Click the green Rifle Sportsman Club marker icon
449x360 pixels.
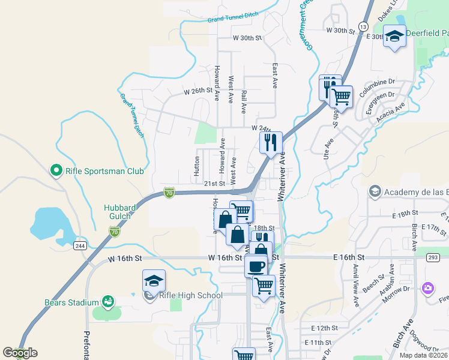pos(56,171)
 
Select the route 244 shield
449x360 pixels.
pos(79,245)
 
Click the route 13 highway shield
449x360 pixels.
pos(363,26)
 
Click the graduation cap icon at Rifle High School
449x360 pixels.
pos(154,281)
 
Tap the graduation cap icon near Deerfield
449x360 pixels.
pos(394,37)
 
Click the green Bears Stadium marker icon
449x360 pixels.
pos(108,301)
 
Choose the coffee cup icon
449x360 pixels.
pos(256,266)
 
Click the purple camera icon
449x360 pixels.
pos(427,289)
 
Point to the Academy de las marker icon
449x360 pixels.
pos(375,191)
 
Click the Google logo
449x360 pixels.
pos(20,353)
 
